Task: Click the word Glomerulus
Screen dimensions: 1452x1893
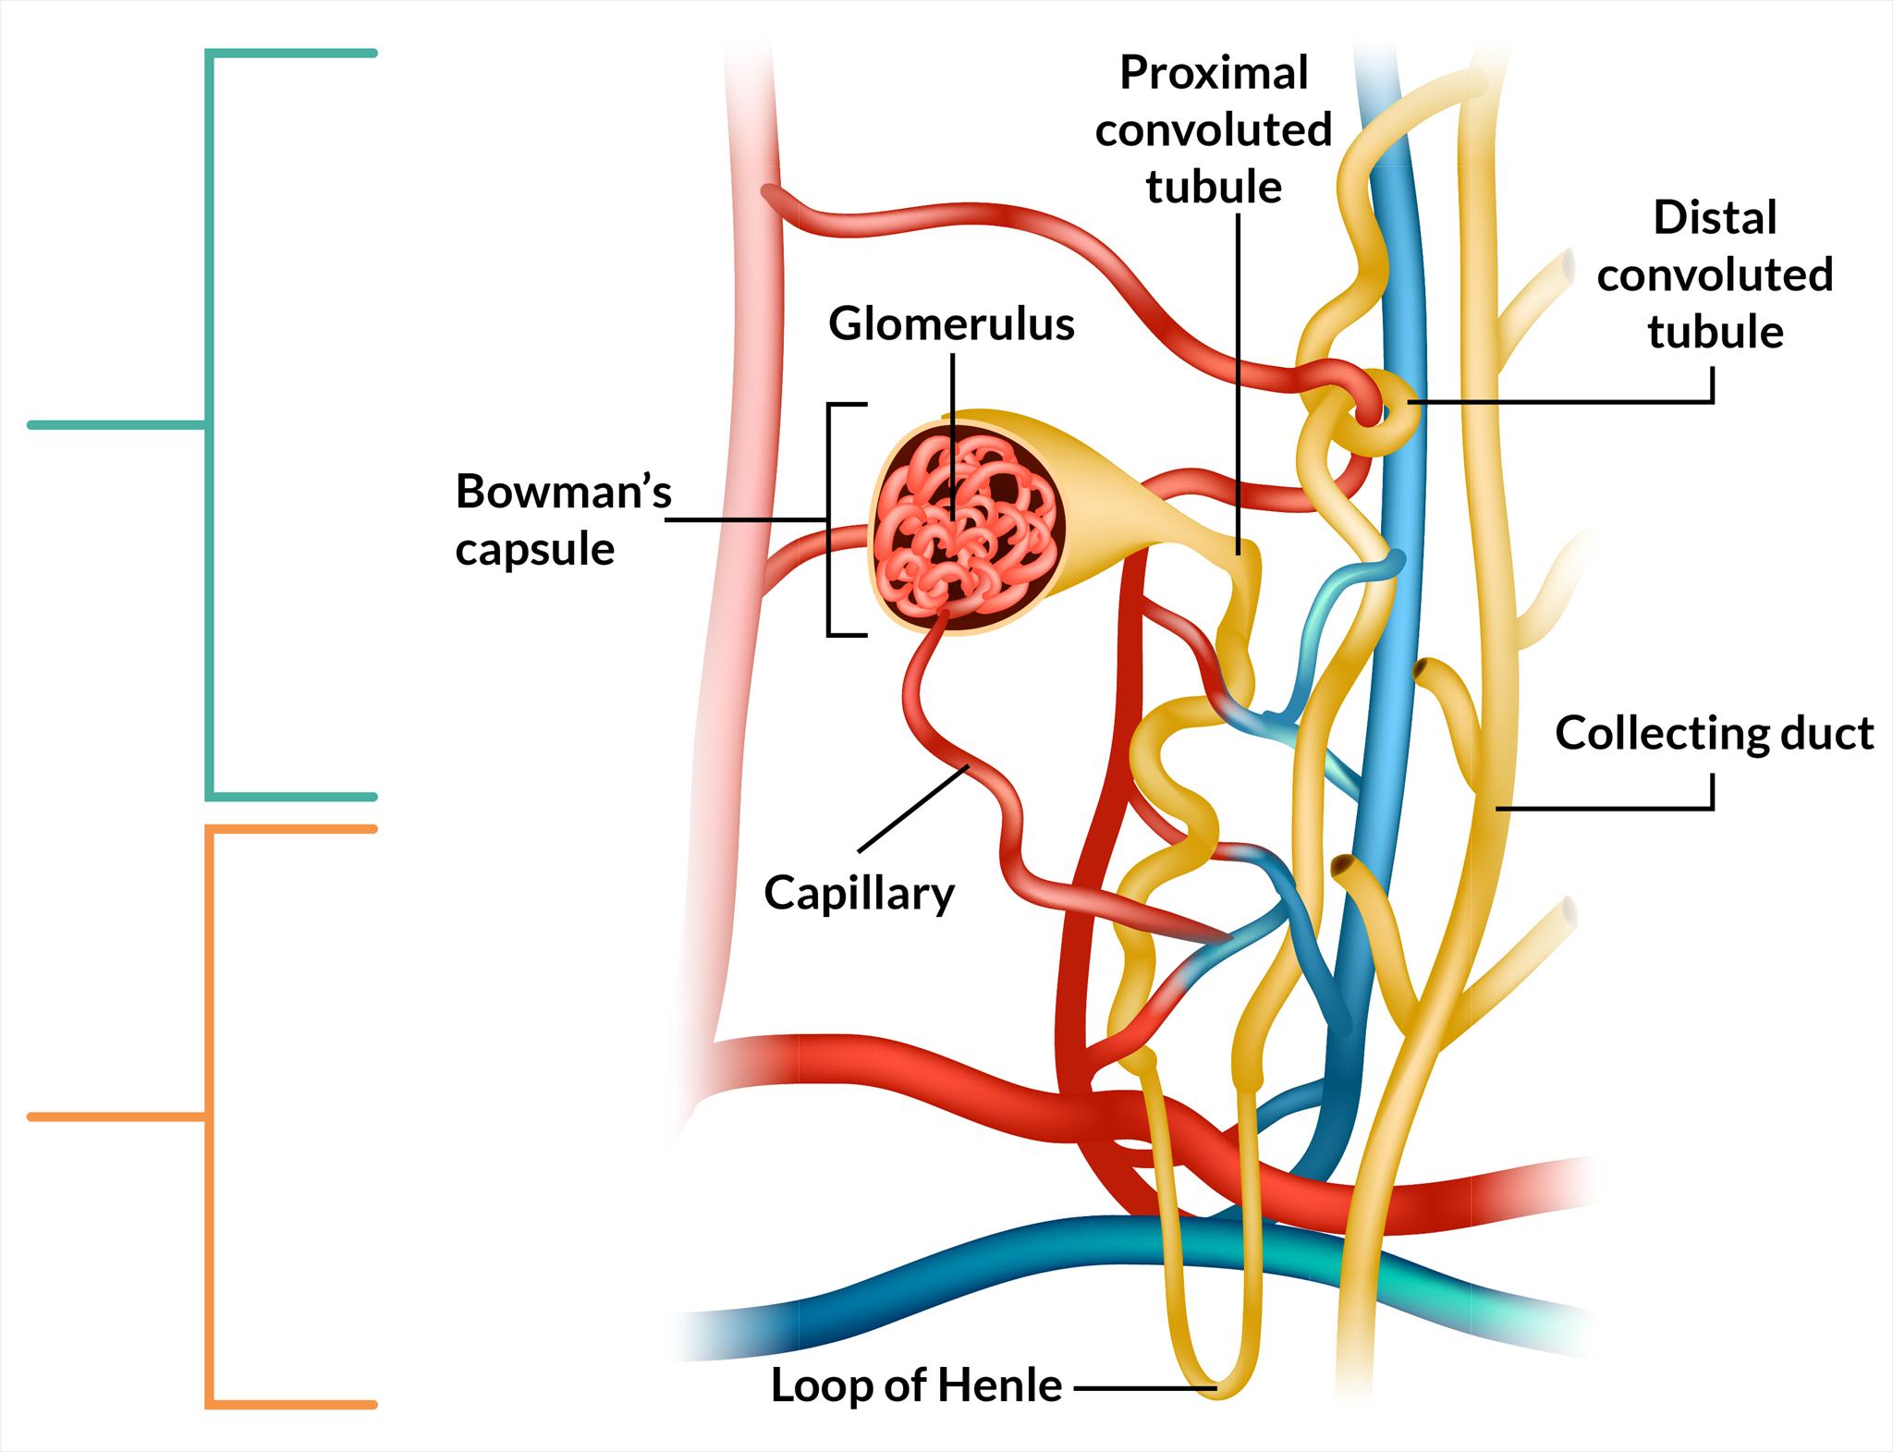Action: tap(951, 324)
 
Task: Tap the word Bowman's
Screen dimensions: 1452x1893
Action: tap(563, 492)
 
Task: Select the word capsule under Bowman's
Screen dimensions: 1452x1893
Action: tap(535, 550)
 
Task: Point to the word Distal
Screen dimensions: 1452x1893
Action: tap(1715, 219)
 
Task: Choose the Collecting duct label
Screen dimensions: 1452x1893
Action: tap(1714, 733)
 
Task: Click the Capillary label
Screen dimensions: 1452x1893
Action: tap(859, 894)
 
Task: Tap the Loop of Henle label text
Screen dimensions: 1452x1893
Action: tap(916, 1385)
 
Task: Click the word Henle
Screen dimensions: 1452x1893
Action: tap(1001, 1385)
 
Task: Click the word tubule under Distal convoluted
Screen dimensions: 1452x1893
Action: tap(1715, 333)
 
